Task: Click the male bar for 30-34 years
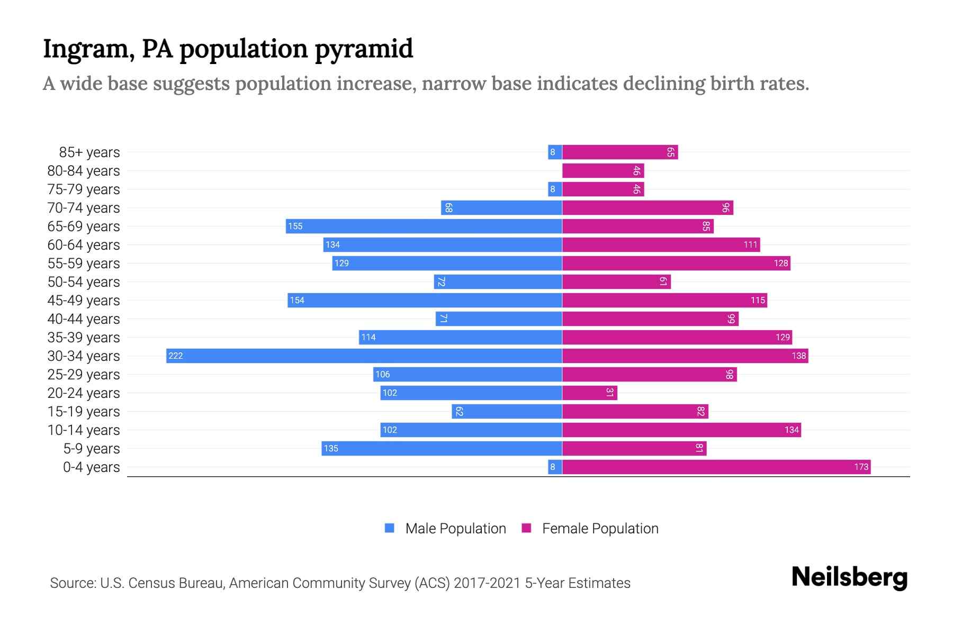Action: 364,356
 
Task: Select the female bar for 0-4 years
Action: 716,467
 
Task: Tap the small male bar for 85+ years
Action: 555,152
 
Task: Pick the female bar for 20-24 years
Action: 589,393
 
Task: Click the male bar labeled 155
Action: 424,226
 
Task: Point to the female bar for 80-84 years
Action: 603,171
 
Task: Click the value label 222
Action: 175,356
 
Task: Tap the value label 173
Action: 861,467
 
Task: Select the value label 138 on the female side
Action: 798,356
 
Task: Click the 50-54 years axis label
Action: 84,282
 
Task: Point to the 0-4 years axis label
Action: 91,467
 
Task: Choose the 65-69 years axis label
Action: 84,226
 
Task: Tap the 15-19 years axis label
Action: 84,412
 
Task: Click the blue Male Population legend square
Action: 390,528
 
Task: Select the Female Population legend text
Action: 600,528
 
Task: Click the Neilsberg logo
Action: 849,577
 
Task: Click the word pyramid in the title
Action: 364,49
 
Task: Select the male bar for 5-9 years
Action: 442,449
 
